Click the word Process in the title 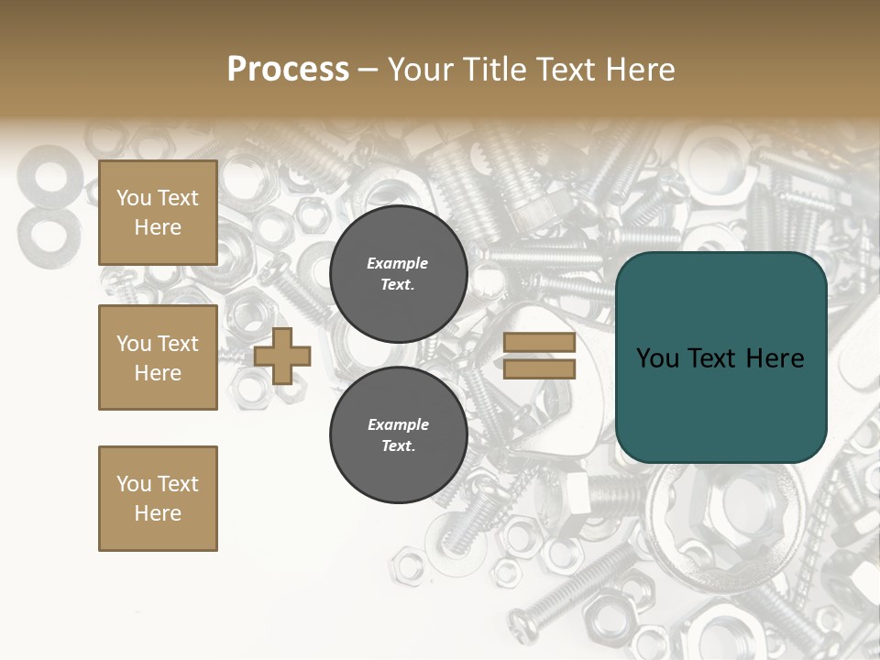pyautogui.click(x=288, y=70)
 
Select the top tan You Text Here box pyautogui.click(x=158, y=213)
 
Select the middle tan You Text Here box pyautogui.click(x=158, y=357)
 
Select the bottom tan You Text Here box pyautogui.click(x=158, y=498)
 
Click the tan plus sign pyautogui.click(x=282, y=356)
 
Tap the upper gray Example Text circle pyautogui.click(x=398, y=273)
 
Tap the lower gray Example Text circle pyautogui.click(x=398, y=434)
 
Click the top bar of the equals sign pyautogui.click(x=539, y=343)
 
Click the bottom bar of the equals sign pyautogui.click(x=539, y=369)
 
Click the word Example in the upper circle pyautogui.click(x=398, y=263)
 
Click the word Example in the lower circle pyautogui.click(x=398, y=424)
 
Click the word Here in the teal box pyautogui.click(x=775, y=358)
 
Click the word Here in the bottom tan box pyautogui.click(x=158, y=513)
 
